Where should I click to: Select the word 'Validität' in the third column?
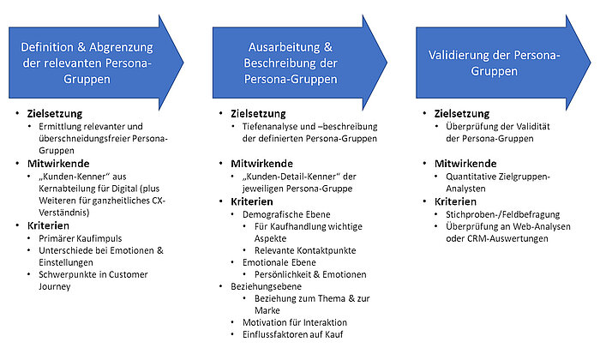[535, 127]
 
